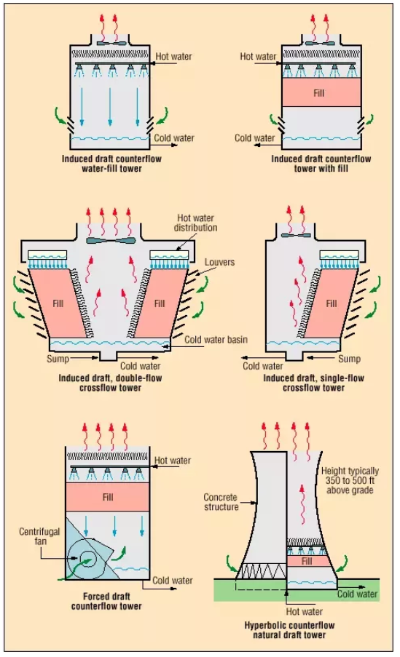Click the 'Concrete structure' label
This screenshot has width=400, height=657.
[220, 502]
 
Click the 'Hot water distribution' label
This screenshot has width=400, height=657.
[197, 223]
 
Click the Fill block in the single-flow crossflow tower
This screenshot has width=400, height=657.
[331, 303]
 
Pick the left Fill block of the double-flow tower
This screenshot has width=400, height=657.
[60, 303]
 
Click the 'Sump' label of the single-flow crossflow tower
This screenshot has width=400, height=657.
[350, 359]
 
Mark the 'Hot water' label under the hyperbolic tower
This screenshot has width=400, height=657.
[304, 612]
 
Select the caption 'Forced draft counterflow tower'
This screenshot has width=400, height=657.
[109, 601]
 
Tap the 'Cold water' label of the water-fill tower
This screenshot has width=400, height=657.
[173, 137]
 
